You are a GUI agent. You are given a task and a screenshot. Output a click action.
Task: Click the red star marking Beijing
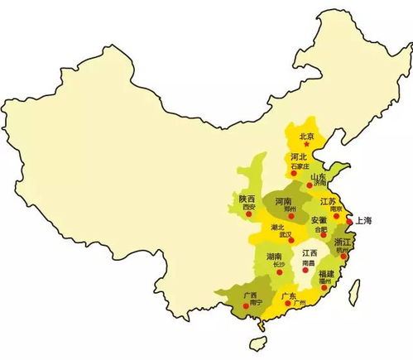[306, 144]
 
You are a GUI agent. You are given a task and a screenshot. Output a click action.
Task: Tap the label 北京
[307, 136]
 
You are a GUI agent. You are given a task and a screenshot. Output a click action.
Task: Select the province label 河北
[299, 156]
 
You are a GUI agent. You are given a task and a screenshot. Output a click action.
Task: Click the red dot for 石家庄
[294, 174]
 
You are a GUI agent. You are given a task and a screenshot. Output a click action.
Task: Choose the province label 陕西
[247, 199]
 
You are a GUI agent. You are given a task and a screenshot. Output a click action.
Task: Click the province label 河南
[283, 201]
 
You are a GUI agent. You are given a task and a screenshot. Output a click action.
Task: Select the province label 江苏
[327, 202]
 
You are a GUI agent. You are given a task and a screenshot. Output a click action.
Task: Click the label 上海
[363, 220]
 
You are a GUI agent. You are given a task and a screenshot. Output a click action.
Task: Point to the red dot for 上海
[350, 222]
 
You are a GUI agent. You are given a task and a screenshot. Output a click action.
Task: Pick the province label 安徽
[319, 220]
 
